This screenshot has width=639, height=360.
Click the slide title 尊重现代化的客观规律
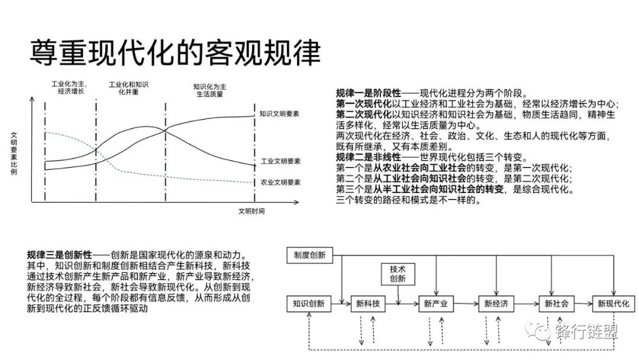point(175,53)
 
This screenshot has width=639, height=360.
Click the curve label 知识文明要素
point(279,113)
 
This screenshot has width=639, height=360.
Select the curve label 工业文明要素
point(280,161)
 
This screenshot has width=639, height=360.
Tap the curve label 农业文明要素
point(280,182)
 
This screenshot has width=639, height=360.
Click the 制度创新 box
point(309,255)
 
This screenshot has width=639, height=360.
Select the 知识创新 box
point(309,304)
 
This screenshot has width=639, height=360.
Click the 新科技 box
point(368,304)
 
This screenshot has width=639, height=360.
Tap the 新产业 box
point(435,304)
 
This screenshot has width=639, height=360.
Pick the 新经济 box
point(496,304)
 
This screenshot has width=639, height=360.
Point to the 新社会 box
point(556,304)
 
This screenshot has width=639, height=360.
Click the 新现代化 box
point(614,304)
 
